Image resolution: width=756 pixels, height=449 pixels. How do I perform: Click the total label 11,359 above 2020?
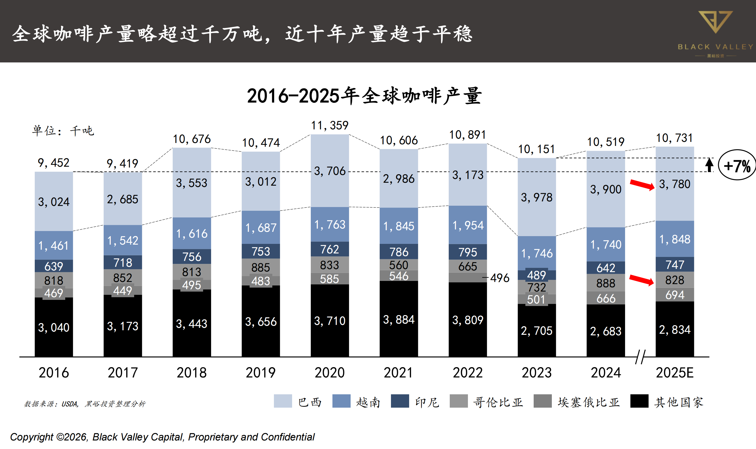(330, 126)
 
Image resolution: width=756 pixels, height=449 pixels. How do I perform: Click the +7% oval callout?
(737, 165)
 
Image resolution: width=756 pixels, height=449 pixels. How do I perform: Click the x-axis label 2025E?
(674, 373)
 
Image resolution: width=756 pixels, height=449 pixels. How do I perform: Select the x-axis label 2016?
(54, 373)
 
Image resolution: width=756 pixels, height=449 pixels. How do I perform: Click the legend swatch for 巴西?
(283, 401)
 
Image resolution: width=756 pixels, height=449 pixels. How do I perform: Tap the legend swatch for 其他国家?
(639, 401)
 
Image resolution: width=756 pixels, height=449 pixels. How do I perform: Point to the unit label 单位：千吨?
(63, 131)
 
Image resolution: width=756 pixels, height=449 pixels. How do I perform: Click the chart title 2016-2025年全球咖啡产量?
(364, 96)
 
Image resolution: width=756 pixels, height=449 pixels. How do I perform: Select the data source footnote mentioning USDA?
(85, 404)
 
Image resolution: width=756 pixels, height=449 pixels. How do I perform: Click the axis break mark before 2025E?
(640, 357)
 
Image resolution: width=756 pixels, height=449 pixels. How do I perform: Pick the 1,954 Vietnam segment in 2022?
(468, 225)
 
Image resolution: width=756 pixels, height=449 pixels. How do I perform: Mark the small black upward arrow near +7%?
(709, 165)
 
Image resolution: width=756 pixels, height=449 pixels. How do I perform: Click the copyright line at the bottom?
(162, 437)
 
